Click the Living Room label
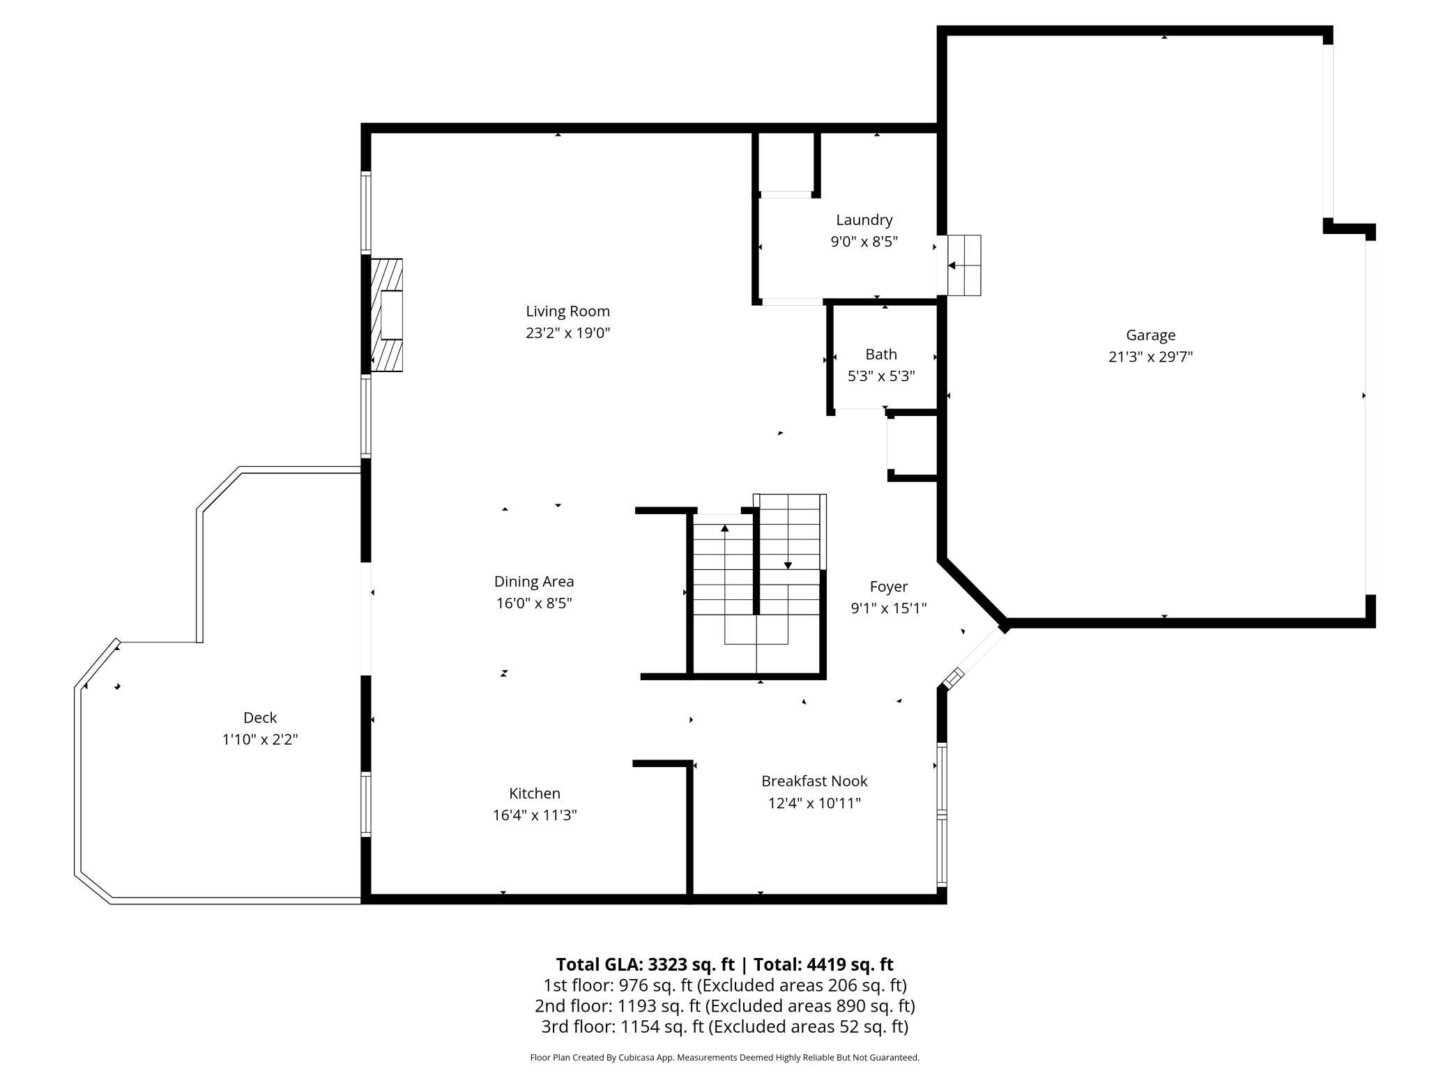[567, 311]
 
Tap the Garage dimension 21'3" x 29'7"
[1150, 357]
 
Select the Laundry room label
[864, 220]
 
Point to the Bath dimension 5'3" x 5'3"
[881, 376]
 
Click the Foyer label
[888, 587]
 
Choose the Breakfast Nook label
[814, 781]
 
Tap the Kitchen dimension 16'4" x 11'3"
[535, 815]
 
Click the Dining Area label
[534, 582]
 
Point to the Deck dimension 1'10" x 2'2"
[260, 739]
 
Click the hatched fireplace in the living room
[386, 315]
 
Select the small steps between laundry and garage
[964, 265]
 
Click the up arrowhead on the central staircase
[725, 528]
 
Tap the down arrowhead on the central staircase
[788, 565]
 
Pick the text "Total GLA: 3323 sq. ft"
[645, 964]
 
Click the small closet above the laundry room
[786, 161]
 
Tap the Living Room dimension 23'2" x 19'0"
[567, 333]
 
